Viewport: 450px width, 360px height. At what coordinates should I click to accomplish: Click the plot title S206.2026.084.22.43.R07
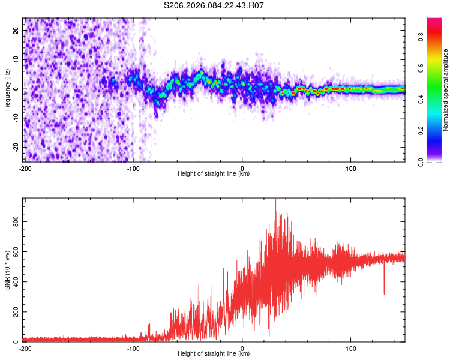214,5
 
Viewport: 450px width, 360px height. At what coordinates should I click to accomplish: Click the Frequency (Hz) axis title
7,90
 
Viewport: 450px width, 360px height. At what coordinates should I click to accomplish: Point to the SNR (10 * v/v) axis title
7,270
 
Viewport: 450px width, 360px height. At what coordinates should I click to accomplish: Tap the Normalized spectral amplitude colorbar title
446,90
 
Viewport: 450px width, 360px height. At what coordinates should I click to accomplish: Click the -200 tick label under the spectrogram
25,169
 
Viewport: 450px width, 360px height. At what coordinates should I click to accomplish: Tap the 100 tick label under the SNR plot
351,349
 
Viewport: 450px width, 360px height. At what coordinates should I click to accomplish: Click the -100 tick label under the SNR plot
133,349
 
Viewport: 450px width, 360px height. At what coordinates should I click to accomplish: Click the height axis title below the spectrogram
214,175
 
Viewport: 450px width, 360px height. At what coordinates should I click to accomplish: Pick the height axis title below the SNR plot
214,355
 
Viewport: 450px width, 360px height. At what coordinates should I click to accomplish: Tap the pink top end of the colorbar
434,21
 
